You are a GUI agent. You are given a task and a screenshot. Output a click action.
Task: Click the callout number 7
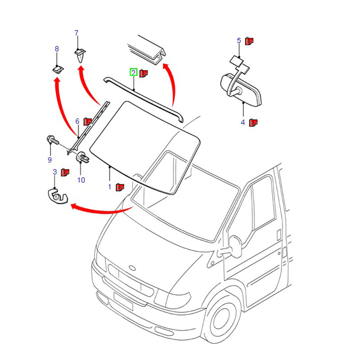(76, 33)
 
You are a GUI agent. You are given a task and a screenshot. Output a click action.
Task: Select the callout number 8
(57, 49)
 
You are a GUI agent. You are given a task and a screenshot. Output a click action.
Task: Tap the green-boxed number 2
(133, 72)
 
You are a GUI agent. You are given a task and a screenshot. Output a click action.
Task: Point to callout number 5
(239, 41)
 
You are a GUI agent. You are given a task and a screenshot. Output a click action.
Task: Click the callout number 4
(243, 122)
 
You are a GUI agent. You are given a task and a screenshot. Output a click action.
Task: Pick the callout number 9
(49, 160)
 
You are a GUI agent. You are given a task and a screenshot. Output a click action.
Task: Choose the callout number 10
(81, 180)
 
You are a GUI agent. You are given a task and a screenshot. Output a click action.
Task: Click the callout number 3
(55, 172)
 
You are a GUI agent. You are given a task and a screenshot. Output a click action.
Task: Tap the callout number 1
(109, 186)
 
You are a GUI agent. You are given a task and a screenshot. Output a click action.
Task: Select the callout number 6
(77, 121)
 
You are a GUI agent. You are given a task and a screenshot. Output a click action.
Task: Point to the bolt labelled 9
(51, 141)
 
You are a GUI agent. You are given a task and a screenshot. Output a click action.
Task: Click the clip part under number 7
(80, 56)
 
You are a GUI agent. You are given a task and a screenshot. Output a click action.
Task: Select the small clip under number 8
(57, 69)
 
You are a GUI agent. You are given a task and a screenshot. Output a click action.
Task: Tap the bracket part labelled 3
(57, 196)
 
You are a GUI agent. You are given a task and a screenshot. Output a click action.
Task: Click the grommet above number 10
(81, 157)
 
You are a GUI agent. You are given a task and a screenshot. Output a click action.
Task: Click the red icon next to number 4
(253, 121)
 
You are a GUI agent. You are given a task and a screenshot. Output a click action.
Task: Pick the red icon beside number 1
(120, 186)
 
